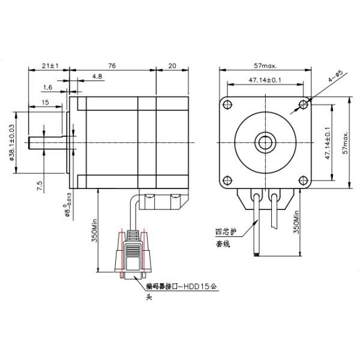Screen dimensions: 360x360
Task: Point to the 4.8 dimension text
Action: pyautogui.click(x=98, y=77)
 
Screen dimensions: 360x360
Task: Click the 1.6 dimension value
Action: pyautogui.click(x=48, y=88)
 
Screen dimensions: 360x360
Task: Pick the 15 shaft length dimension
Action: pyautogui.click(x=46, y=103)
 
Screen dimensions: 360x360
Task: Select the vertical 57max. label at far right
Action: pyautogui.click(x=345, y=142)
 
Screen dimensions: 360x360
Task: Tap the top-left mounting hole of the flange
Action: pyautogui.click(x=227, y=105)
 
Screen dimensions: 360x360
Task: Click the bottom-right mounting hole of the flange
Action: pyautogui.click(x=304, y=181)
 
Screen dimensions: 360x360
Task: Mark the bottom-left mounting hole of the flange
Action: pyautogui.click(x=227, y=181)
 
